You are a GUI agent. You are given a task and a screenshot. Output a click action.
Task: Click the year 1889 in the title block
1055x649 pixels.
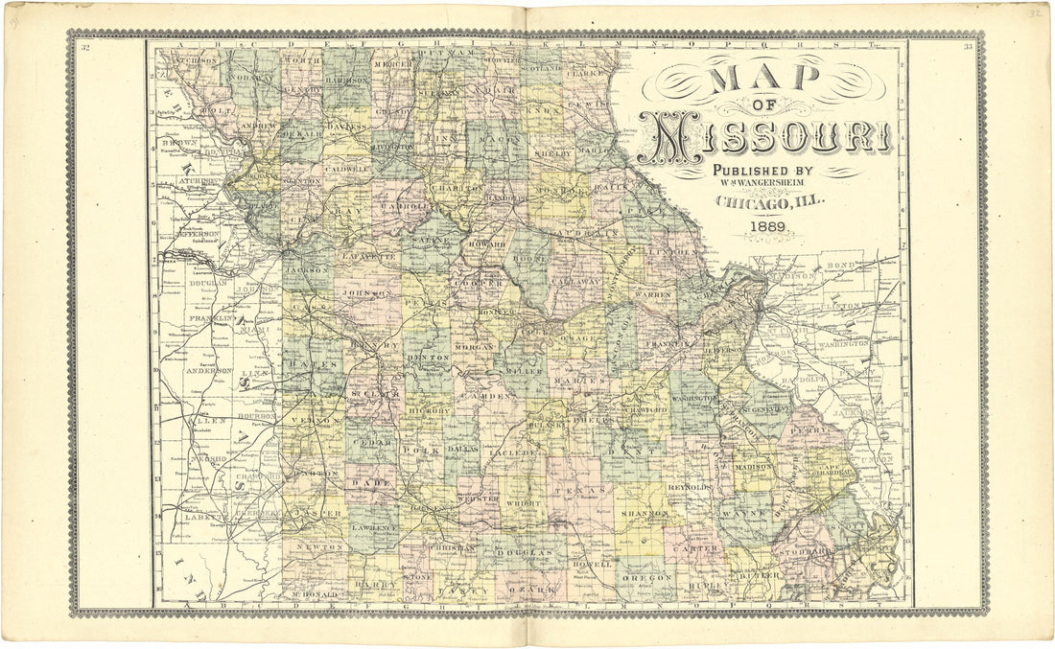click(x=769, y=227)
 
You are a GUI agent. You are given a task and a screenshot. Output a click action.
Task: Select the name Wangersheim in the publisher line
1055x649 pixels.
click(x=778, y=184)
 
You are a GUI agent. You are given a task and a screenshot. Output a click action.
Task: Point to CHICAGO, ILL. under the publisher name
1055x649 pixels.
click(x=768, y=203)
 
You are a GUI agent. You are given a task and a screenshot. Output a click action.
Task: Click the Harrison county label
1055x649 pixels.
click(x=345, y=81)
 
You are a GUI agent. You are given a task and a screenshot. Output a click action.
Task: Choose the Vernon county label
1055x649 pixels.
click(x=321, y=421)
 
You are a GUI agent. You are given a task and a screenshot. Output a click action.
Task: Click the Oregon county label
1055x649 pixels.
click(x=648, y=578)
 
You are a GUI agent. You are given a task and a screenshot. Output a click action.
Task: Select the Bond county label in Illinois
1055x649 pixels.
click(x=840, y=263)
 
